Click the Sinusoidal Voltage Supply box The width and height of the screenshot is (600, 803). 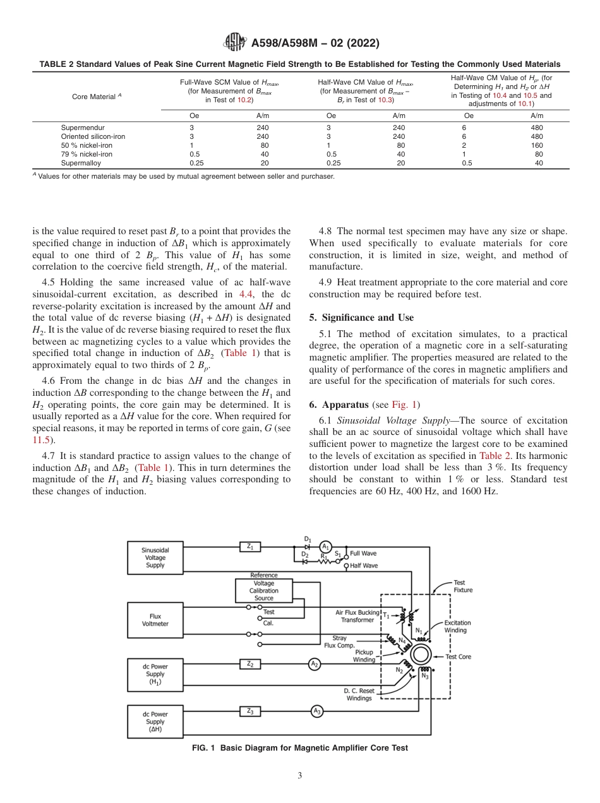pyautogui.click(x=155, y=557)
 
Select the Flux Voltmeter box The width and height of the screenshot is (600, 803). pyautogui.click(x=155, y=619)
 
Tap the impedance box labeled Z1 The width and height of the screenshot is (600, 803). pyautogui.click(x=251, y=547)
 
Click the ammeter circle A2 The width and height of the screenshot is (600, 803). pyautogui.click(x=315, y=663)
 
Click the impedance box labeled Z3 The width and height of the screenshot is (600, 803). pyautogui.click(x=251, y=711)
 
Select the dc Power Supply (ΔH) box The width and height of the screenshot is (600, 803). pyautogui.click(x=155, y=722)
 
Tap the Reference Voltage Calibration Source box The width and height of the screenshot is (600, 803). pyautogui.click(x=264, y=591)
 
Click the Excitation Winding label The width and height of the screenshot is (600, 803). pyautogui.click(x=457, y=626)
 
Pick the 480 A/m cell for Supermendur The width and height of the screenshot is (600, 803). pyautogui.click(x=536, y=128)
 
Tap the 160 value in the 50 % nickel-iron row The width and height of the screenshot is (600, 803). pyautogui.click(x=536, y=145)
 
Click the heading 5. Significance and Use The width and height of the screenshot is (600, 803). pyautogui.click(x=361, y=318)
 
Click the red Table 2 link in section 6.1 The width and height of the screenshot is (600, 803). pyautogui.click(x=491, y=456)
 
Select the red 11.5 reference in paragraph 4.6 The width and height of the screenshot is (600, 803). pyautogui.click(x=41, y=440)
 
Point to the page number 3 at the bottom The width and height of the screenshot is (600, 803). pyautogui.click(x=299, y=776)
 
